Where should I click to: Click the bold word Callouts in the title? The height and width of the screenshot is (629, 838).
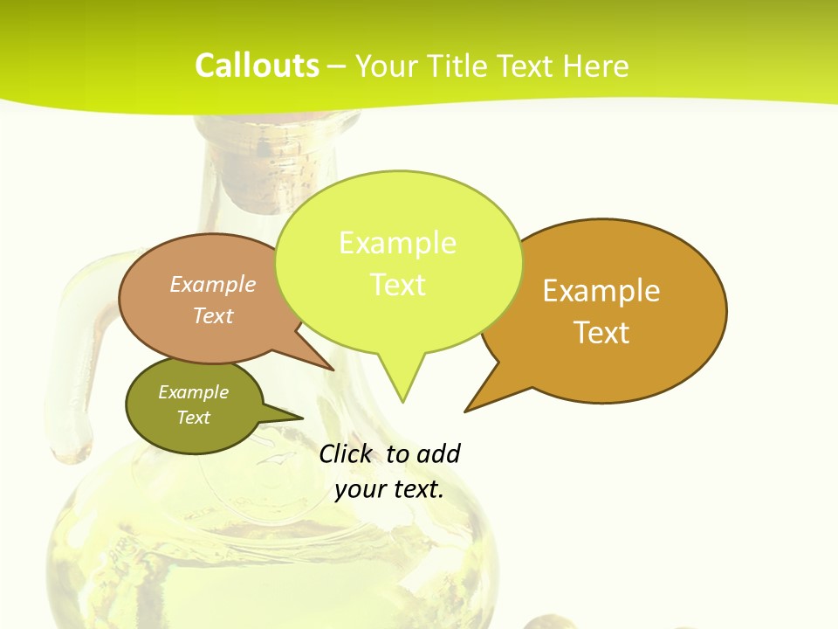coord(257,66)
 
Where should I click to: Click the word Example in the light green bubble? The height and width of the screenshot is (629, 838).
coord(397,243)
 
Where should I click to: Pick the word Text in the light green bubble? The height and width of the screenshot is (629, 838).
coord(398,285)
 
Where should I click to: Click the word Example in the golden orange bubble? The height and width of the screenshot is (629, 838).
coord(601,291)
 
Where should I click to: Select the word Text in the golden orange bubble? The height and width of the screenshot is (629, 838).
coord(602,333)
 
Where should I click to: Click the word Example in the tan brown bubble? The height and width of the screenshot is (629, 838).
coord(213,285)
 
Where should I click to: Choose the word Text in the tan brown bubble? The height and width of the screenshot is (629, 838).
coord(213,315)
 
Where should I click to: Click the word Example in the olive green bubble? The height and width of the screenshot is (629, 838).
coord(193,392)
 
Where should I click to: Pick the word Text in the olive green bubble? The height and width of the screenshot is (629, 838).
coord(193,418)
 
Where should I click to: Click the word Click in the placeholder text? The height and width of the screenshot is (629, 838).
coord(345,453)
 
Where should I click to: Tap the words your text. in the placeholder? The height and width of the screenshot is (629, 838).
coord(389,489)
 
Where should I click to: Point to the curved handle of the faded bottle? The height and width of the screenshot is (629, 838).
coord(83,367)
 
